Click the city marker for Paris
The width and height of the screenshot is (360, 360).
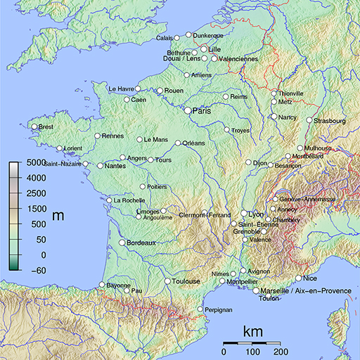coord(188,110)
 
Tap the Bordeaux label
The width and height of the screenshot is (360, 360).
coord(141,243)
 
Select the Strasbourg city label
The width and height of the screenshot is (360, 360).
coord(330,121)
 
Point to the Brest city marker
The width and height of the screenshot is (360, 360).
coord(33,127)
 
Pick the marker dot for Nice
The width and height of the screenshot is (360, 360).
coord(299,278)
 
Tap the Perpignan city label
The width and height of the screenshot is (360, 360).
coord(218,309)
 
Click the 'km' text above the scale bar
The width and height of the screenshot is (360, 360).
coord(253,331)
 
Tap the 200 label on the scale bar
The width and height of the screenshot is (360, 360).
coord(281,351)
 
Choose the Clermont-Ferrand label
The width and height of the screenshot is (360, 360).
coord(205,215)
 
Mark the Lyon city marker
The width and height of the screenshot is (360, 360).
coord(244,213)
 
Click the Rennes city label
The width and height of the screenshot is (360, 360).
coord(112,136)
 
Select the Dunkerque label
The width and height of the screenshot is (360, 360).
coord(208,36)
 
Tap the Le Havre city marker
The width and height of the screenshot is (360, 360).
coord(139,89)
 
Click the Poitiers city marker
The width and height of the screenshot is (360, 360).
coord(143,187)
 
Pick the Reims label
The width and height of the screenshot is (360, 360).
coord(240,96)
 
